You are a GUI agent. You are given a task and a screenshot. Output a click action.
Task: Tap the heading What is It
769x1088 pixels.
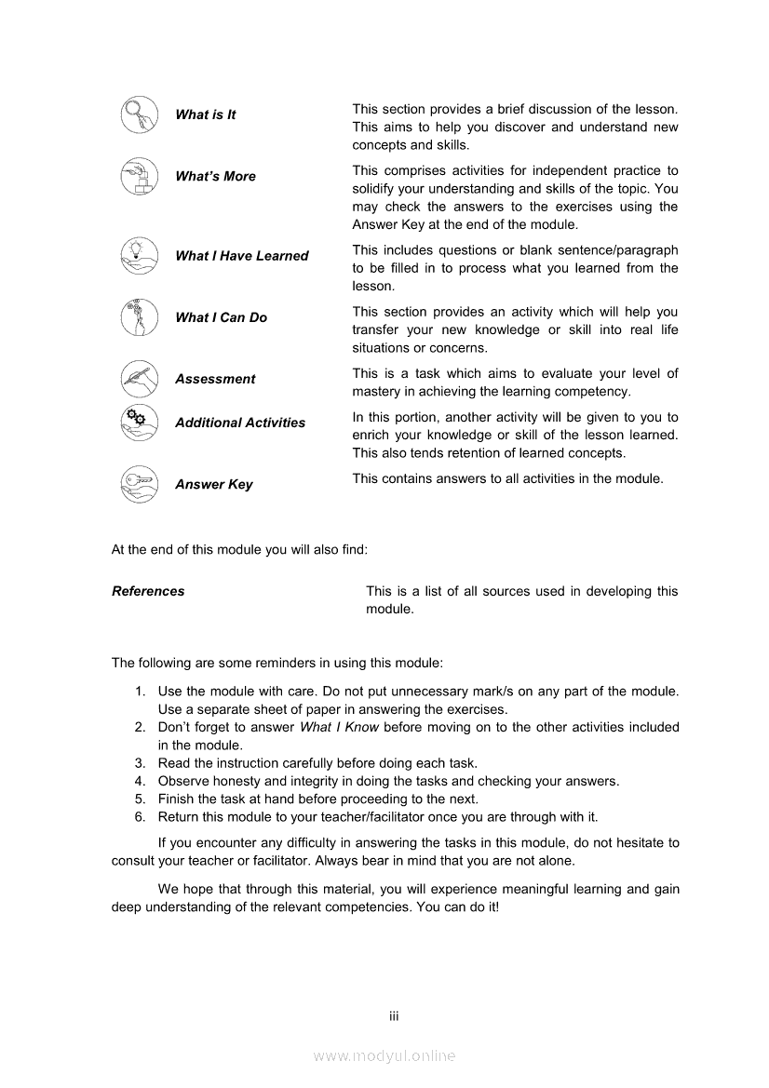(x=205, y=114)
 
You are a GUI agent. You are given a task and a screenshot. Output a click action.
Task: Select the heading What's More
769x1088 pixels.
(x=215, y=176)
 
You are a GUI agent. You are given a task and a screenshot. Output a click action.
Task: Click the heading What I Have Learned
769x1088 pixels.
(x=241, y=256)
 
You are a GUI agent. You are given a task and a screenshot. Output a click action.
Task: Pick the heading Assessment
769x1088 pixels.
(x=214, y=379)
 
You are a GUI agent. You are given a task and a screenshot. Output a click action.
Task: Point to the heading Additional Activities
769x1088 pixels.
(x=239, y=423)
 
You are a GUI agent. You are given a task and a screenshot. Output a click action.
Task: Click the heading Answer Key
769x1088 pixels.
(x=213, y=484)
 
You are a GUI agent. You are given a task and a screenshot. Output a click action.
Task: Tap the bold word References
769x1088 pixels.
(x=148, y=591)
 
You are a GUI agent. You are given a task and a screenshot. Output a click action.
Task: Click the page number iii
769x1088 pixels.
(x=394, y=1016)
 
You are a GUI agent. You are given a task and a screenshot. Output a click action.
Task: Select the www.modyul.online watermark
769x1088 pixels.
(x=384, y=1055)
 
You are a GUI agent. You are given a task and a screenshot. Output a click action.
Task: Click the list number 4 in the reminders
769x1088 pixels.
(x=140, y=781)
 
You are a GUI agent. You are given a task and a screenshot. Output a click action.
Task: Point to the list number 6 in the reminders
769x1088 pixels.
(x=140, y=816)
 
